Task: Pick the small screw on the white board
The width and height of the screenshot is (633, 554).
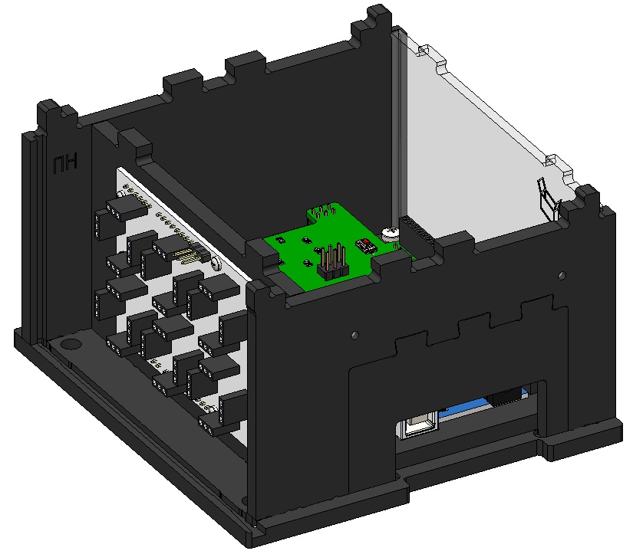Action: click(216, 264)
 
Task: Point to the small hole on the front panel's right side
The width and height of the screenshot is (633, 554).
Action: click(564, 275)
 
